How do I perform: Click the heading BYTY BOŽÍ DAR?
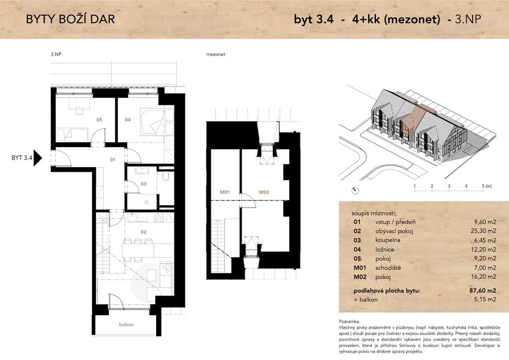tap(71, 19)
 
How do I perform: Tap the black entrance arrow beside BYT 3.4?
tap(38, 158)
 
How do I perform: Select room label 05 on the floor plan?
tap(99, 120)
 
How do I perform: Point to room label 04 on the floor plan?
tap(128, 120)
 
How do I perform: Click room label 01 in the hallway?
tap(113, 160)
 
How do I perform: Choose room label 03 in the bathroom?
tap(144, 184)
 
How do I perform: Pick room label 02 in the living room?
tap(144, 232)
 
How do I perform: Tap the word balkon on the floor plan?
tap(126, 325)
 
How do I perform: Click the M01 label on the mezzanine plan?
tap(225, 192)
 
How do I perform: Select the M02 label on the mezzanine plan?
tap(264, 192)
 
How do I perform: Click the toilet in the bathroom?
tap(166, 176)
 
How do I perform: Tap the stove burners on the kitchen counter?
tap(159, 217)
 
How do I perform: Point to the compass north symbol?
tap(355, 191)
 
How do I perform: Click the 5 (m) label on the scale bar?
tap(487, 186)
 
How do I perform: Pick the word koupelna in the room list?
tap(388, 240)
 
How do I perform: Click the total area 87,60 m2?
tap(483, 290)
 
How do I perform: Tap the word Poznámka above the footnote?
tap(349, 321)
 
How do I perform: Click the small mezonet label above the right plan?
tap(216, 55)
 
